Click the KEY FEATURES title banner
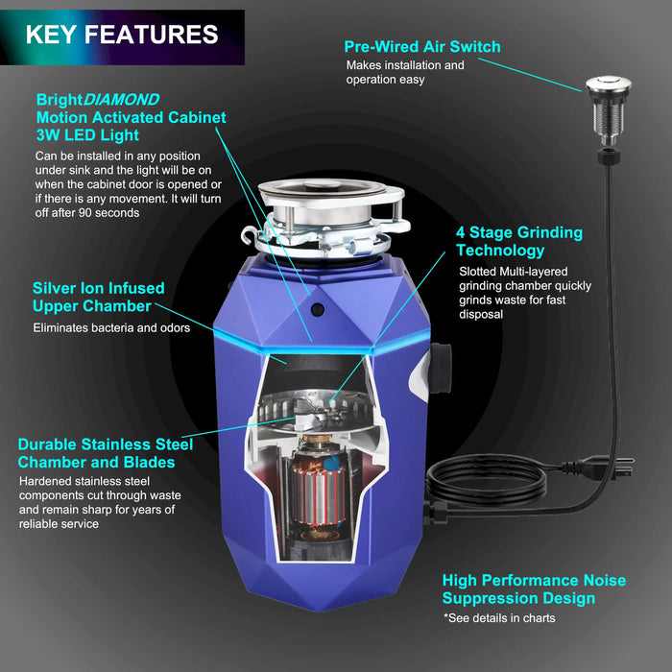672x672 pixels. [122, 36]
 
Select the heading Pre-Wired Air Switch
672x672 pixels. [422, 46]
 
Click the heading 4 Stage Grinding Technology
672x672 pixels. [518, 242]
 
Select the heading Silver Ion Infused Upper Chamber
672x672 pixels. [98, 297]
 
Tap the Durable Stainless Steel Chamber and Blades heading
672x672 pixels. [105, 453]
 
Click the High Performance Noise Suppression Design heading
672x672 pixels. [534, 589]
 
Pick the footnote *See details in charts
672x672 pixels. [498, 618]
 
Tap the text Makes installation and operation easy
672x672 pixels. [404, 72]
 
